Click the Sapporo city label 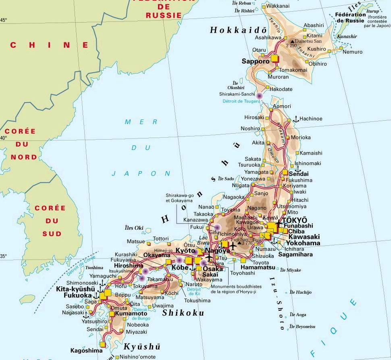pyautogui.click(x=255, y=61)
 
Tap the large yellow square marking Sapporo pyautogui.click(x=275, y=59)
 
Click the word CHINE pyautogui.click(x=49, y=45)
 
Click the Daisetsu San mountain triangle pyautogui.click(x=292, y=41)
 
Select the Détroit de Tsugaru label pyautogui.click(x=241, y=101)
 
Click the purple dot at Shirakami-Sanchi pyautogui.click(x=260, y=96)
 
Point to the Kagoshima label pyautogui.click(x=87, y=350)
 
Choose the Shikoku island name pyautogui.click(x=183, y=313)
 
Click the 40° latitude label pyautogui.click(x=4, y=138)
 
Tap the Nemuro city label pyautogui.click(x=352, y=52)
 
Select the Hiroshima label pyautogui.click(x=129, y=266)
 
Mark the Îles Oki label pyautogui.click(x=134, y=228)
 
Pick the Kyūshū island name pyautogui.click(x=142, y=347)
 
